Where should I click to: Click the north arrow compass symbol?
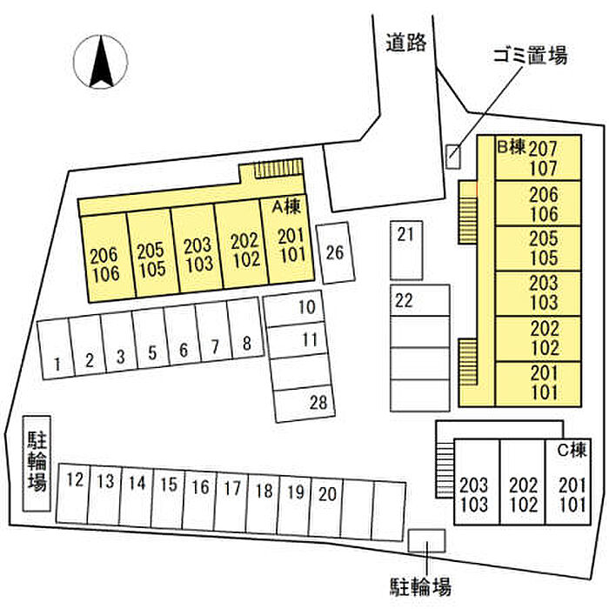[x=101, y=62]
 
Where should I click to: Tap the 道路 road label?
[x=406, y=43]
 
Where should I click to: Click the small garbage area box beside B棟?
[x=452, y=156]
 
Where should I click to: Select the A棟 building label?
[x=286, y=207]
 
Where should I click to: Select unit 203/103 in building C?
[x=475, y=494]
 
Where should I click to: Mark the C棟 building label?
[x=572, y=451]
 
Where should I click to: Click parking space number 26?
[x=335, y=253]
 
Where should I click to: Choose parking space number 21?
[x=404, y=248]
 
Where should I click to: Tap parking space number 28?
[x=304, y=402]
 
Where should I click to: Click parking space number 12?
[x=76, y=495]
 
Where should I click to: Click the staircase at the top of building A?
[x=278, y=168]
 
